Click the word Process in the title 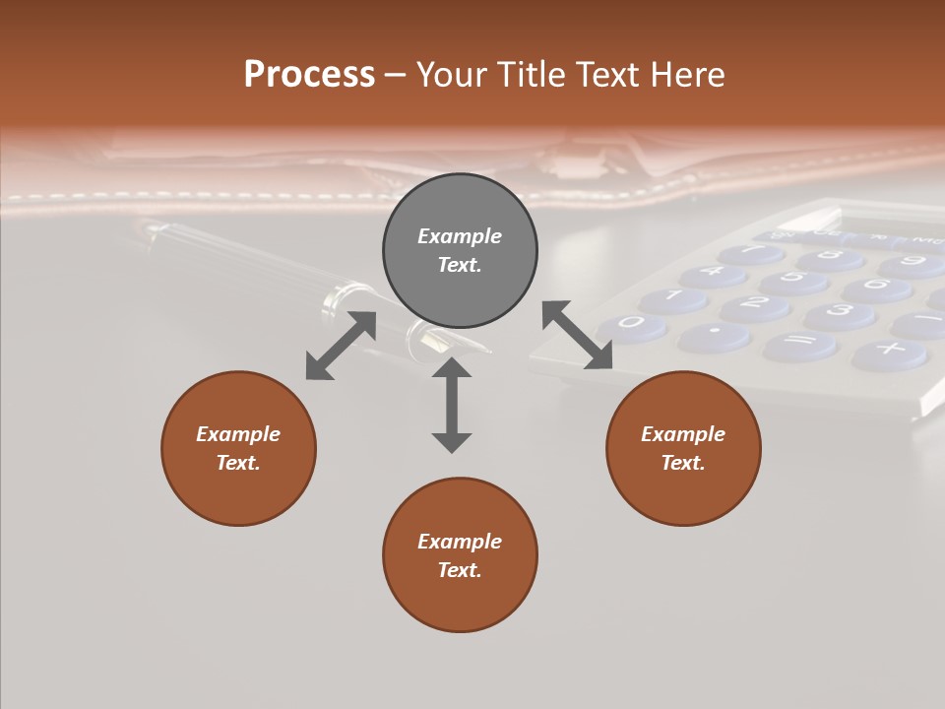[309, 74]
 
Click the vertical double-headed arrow [452, 405]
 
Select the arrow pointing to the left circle [341, 346]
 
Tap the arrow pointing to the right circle [578, 336]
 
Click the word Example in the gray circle [460, 236]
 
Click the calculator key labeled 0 [632, 324]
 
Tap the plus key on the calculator [890, 351]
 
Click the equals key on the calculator [799, 345]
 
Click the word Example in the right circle [683, 434]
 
